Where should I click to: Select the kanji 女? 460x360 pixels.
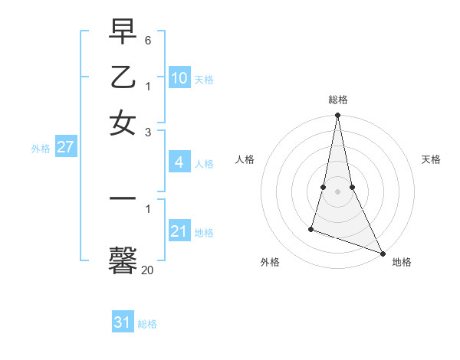[x=123, y=123]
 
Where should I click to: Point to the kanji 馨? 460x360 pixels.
[x=123, y=261]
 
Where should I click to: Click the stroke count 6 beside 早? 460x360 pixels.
[x=148, y=39]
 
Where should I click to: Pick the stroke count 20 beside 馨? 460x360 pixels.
[x=147, y=270]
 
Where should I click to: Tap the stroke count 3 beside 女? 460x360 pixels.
[x=148, y=132]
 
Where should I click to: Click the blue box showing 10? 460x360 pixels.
[x=179, y=78]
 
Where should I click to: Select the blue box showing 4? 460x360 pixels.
[x=179, y=162]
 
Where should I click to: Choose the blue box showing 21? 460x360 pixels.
[x=179, y=231]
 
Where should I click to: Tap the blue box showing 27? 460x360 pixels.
[x=65, y=147]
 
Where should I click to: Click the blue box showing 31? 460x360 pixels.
[x=123, y=322]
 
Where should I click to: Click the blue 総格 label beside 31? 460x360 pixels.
[x=147, y=324]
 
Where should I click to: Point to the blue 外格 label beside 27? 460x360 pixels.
[x=41, y=149]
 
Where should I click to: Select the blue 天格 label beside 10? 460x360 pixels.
[x=204, y=80]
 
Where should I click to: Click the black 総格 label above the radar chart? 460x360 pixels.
[x=337, y=100]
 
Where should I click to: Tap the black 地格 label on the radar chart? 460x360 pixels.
[x=402, y=263]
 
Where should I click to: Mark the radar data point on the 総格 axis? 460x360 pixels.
[x=337, y=116]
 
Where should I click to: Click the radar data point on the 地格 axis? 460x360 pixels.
[x=382, y=252]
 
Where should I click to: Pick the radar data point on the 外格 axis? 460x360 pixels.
[x=311, y=228]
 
